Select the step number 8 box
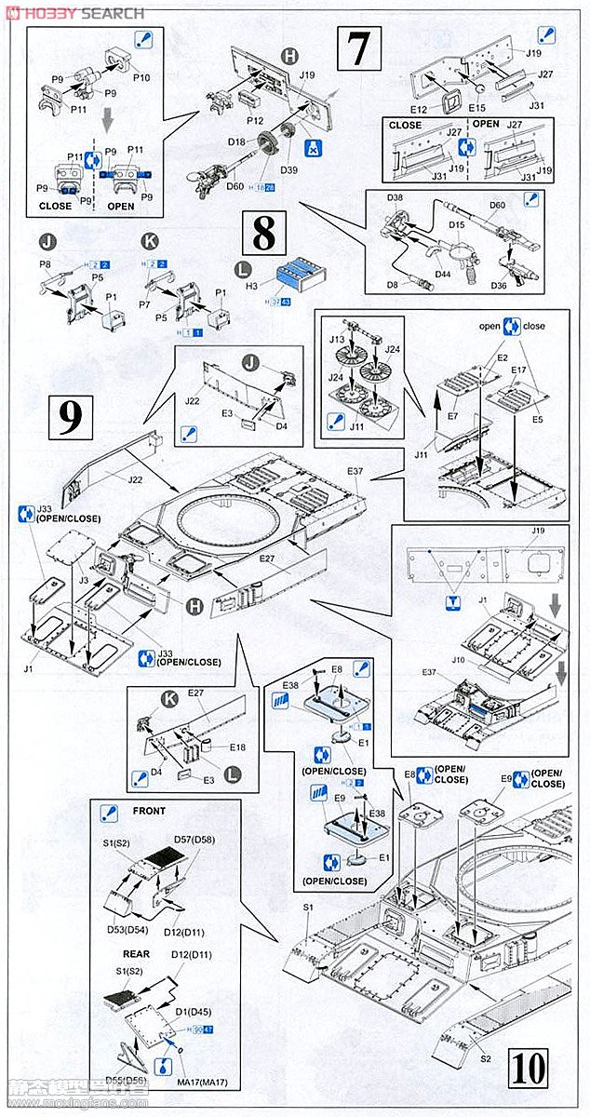point(264,234)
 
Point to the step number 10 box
point(527,1068)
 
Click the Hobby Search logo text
point(74,13)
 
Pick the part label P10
point(141,77)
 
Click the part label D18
point(236,141)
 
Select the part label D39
point(288,170)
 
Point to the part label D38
point(395,198)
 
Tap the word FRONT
point(149,811)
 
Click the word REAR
point(136,954)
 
